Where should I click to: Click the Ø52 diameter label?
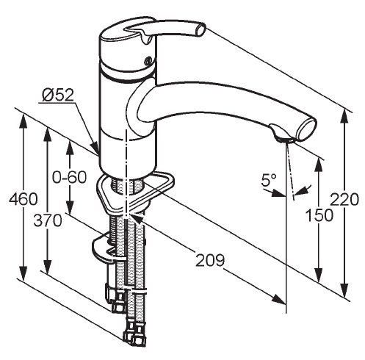point(58,95)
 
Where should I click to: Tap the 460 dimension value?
point(24,199)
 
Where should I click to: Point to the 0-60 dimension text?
point(69,177)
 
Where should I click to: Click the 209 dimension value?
point(210,260)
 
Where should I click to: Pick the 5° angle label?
point(268,180)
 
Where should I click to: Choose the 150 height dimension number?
point(319,215)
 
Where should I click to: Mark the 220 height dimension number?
point(344,199)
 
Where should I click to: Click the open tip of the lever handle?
point(201,29)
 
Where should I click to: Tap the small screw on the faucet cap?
point(148,60)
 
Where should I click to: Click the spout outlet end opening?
point(307,129)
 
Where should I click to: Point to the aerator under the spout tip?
point(283,139)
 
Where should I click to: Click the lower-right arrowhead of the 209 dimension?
point(279,299)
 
